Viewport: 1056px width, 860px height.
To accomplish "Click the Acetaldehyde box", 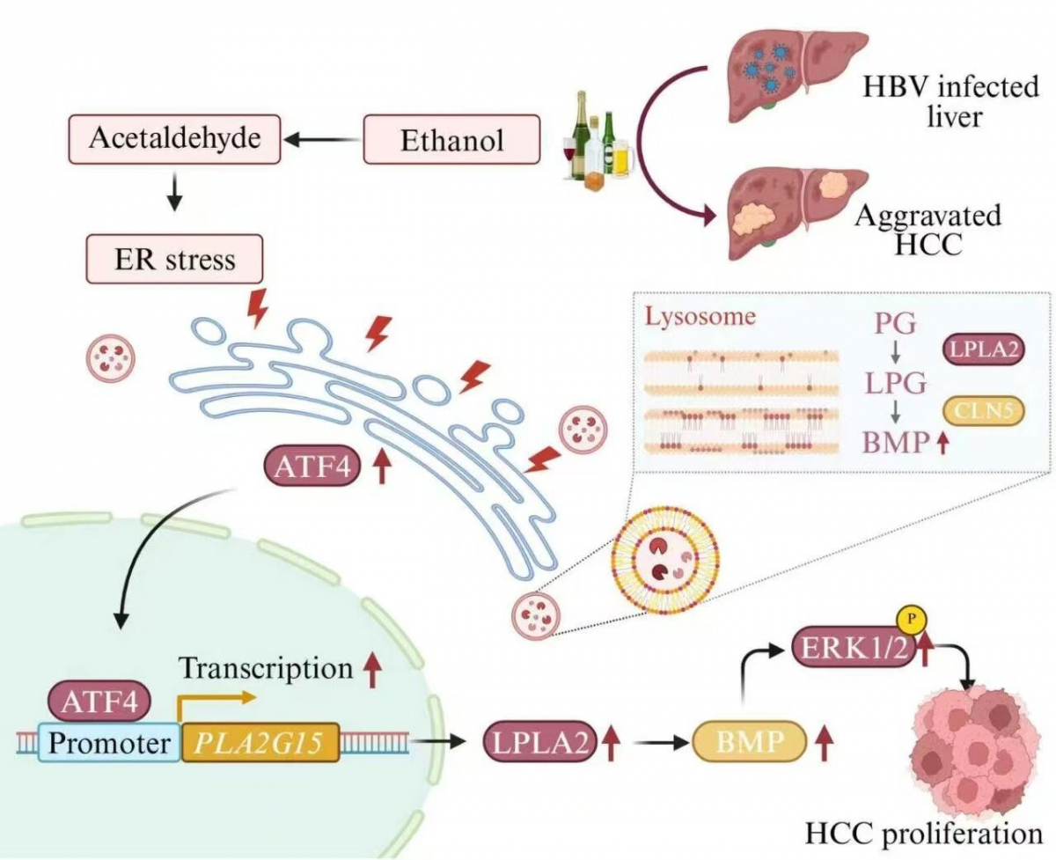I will click(x=174, y=139).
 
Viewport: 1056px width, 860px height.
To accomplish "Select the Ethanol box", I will click(x=452, y=139).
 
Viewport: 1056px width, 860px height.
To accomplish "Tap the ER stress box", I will click(x=175, y=259).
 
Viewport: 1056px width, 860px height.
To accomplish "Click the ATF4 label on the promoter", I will click(x=105, y=702).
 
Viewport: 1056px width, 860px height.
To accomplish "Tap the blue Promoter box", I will click(x=108, y=744).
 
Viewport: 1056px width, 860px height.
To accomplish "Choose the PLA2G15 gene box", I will click(x=260, y=744).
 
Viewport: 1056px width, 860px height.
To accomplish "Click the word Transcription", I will click(x=266, y=669).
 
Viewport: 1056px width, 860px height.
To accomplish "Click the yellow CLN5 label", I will click(x=983, y=410).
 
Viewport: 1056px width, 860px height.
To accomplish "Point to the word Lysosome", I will click(x=700, y=317).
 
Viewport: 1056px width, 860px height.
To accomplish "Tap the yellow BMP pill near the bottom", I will click(x=751, y=744).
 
